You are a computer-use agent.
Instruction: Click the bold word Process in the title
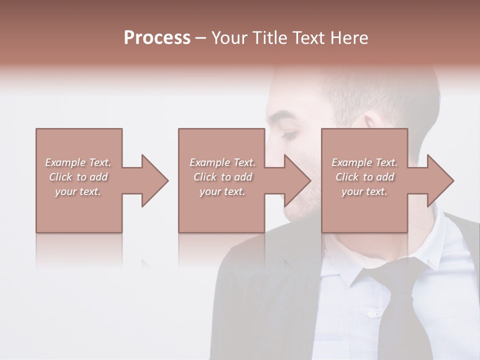[157, 38]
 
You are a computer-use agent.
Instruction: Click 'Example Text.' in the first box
[78, 162]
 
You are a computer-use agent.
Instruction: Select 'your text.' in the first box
[78, 191]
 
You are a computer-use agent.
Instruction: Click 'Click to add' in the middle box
[222, 177]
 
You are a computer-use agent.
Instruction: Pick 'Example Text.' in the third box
[364, 162]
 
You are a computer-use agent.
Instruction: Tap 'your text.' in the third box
[364, 191]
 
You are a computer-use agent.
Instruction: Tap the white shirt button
[371, 314]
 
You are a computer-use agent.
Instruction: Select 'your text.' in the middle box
[222, 191]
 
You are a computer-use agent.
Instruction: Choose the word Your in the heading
[229, 38]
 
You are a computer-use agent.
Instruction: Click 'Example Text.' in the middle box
[222, 162]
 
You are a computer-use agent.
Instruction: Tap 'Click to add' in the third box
[364, 177]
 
